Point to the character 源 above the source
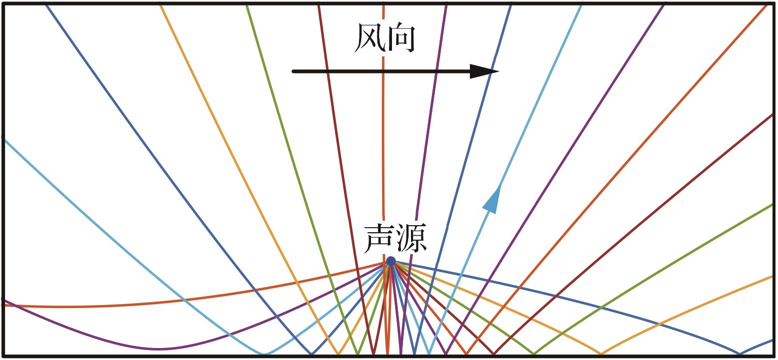(411, 238)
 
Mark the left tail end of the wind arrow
(294, 71)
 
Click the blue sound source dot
(391, 261)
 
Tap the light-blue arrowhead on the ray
(492, 200)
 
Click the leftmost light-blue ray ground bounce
(265, 354)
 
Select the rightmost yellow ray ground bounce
(601, 354)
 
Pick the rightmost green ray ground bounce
(534, 354)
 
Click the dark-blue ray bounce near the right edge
(740, 354)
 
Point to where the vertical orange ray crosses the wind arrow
(384, 71)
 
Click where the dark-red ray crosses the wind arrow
(327, 71)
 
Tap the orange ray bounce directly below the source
(388, 354)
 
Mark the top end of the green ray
(247, 6)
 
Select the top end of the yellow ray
(160, 6)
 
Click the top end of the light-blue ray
(581, 6)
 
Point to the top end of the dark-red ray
(319, 6)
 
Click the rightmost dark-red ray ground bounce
(494, 354)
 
